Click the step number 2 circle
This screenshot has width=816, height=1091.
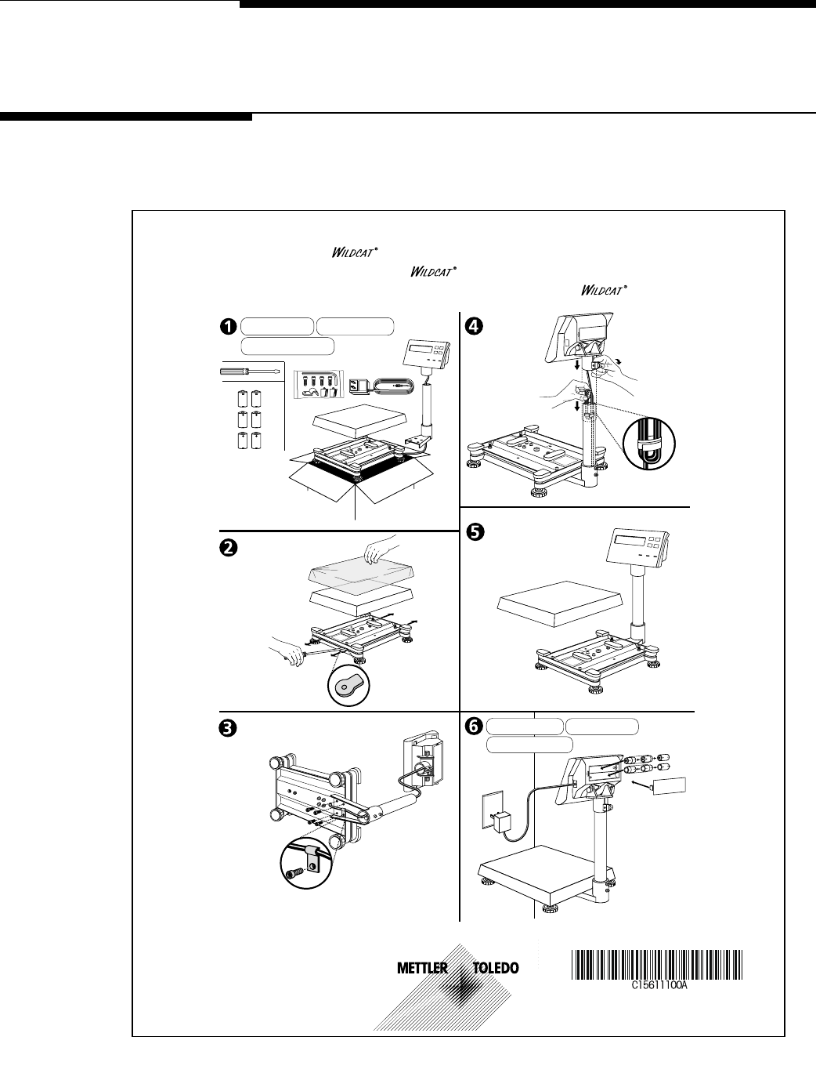(x=228, y=549)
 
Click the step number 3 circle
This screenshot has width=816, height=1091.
(x=228, y=728)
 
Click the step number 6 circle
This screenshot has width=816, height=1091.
(x=473, y=727)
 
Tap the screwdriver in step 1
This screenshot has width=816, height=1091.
(x=250, y=368)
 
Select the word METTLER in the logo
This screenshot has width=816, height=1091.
(x=422, y=969)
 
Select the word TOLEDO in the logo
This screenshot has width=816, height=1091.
(x=496, y=969)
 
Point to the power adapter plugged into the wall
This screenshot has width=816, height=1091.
(x=499, y=822)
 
